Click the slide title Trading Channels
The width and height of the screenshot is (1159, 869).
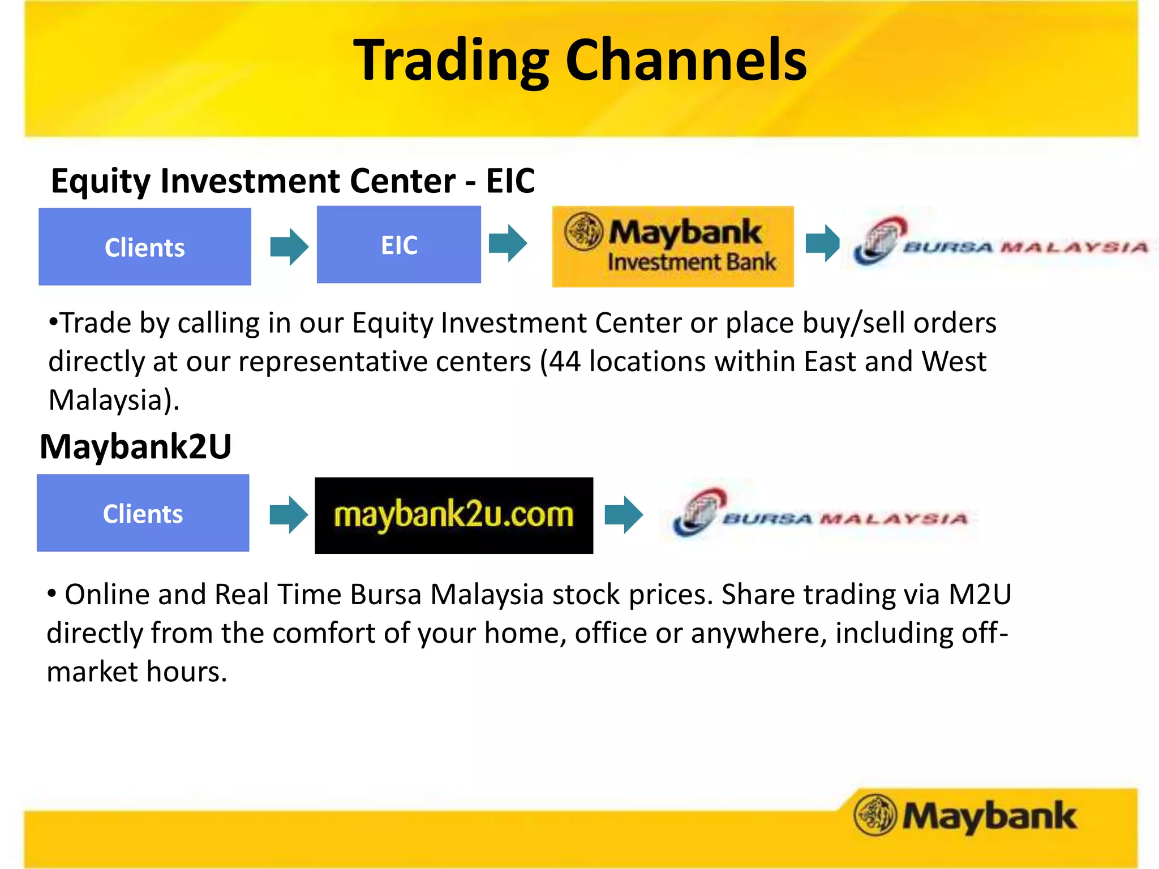pos(579,60)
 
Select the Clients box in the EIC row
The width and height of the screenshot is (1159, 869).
pos(145,247)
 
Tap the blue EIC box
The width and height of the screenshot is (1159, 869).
pos(399,244)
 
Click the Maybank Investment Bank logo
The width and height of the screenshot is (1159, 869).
pos(673,247)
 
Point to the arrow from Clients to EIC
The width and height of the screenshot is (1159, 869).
pos(289,247)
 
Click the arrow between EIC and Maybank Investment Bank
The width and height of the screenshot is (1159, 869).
pos(508,243)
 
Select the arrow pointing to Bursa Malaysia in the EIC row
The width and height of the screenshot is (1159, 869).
pos(822,243)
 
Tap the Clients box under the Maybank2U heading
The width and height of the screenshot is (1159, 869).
pos(143,513)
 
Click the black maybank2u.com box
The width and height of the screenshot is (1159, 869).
pos(454,515)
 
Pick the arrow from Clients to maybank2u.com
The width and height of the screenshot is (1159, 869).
pos(289,515)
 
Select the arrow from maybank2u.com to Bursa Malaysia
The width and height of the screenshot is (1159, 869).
pos(624,515)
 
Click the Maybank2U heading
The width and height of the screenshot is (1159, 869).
pos(136,446)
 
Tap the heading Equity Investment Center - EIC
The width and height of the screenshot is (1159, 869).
pos(293,181)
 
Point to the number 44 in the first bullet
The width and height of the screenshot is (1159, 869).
pos(564,362)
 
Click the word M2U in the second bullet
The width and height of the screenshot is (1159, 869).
pos(980,595)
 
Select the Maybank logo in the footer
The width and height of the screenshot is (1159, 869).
pos(965,815)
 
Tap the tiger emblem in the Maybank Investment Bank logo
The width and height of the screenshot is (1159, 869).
pos(583,232)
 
